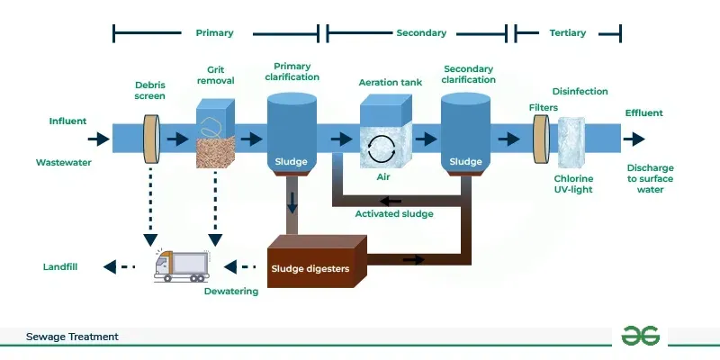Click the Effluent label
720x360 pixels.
tap(643, 113)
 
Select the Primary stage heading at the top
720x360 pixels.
tap(214, 33)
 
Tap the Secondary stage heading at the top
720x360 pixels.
tap(421, 33)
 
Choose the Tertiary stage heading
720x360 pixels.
tap(567, 33)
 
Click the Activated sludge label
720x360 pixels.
tap(394, 214)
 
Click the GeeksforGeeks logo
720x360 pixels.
tap(641, 336)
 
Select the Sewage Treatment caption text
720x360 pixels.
tap(72, 337)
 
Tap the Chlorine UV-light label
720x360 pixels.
tap(573, 184)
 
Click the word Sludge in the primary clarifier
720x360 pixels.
tap(292, 163)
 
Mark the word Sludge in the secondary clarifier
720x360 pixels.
tap(465, 162)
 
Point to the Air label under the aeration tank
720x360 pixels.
tap(382, 177)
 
